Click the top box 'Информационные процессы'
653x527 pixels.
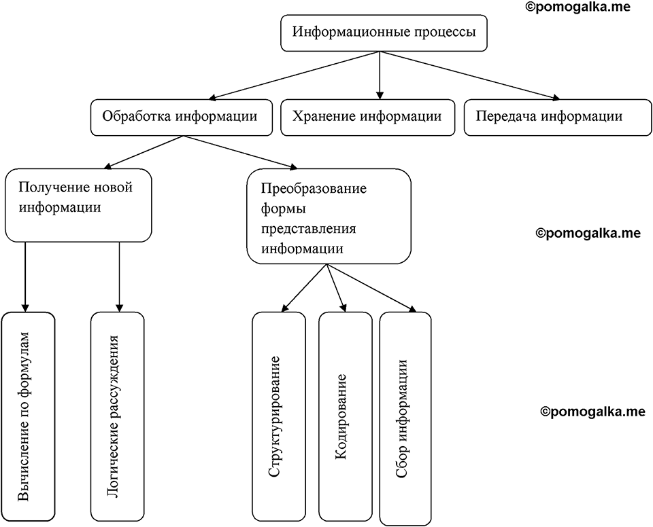click(x=384, y=33)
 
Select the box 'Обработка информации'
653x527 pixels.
click(x=182, y=117)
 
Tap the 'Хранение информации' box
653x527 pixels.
click(x=368, y=117)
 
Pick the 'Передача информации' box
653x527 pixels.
click(x=558, y=117)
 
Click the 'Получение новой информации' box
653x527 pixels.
click(x=78, y=205)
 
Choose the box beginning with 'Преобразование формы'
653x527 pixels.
click(x=329, y=216)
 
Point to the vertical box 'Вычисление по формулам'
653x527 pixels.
click(x=29, y=417)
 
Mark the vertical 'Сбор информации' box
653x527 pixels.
click(x=405, y=418)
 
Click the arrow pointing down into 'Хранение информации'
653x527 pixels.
click(x=380, y=75)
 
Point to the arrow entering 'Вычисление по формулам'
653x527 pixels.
click(x=25, y=277)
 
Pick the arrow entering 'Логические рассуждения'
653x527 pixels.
click(x=120, y=277)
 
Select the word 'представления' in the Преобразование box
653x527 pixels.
click(x=309, y=230)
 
